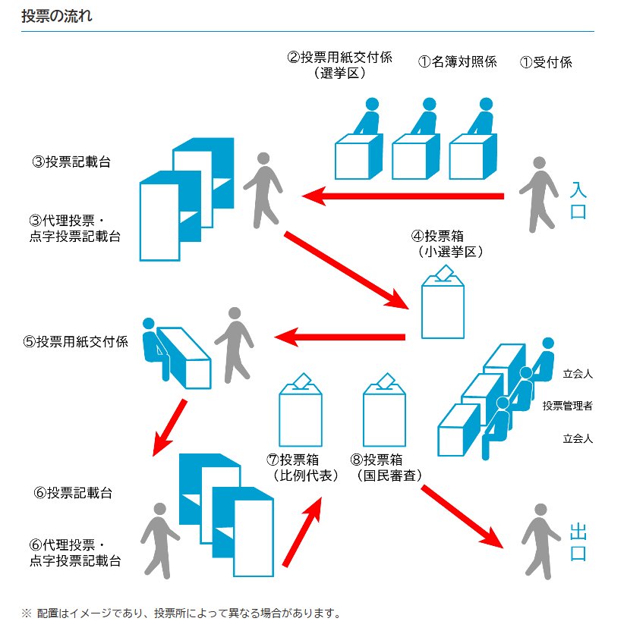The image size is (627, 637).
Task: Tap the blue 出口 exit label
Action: coord(578,541)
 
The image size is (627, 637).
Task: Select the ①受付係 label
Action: coord(545,63)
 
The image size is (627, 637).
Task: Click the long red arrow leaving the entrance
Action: coord(402,196)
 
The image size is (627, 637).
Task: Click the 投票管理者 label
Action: coord(568,406)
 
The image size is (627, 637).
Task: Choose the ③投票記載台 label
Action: coord(71,162)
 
